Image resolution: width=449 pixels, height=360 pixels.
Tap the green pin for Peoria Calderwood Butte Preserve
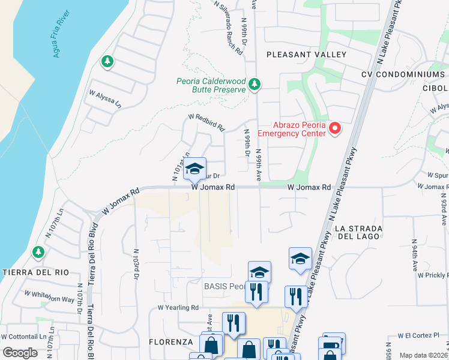coord(255,85)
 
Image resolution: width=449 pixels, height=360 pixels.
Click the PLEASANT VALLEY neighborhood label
coord(306,55)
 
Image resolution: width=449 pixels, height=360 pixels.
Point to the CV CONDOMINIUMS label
coord(403,74)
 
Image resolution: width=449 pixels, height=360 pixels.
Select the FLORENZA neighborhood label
coord(171,342)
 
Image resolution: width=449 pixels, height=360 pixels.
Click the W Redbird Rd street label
coord(206,123)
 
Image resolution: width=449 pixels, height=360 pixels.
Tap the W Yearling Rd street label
coord(178,307)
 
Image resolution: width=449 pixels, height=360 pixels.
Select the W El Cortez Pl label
coord(419,335)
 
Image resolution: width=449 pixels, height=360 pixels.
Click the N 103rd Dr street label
coord(136,264)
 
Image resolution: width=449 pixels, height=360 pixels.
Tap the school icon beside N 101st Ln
coord(194,169)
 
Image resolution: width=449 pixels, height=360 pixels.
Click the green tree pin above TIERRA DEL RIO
coord(39,251)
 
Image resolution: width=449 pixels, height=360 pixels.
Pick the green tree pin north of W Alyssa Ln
coord(107,61)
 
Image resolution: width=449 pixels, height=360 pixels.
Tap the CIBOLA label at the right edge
coord(436,88)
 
